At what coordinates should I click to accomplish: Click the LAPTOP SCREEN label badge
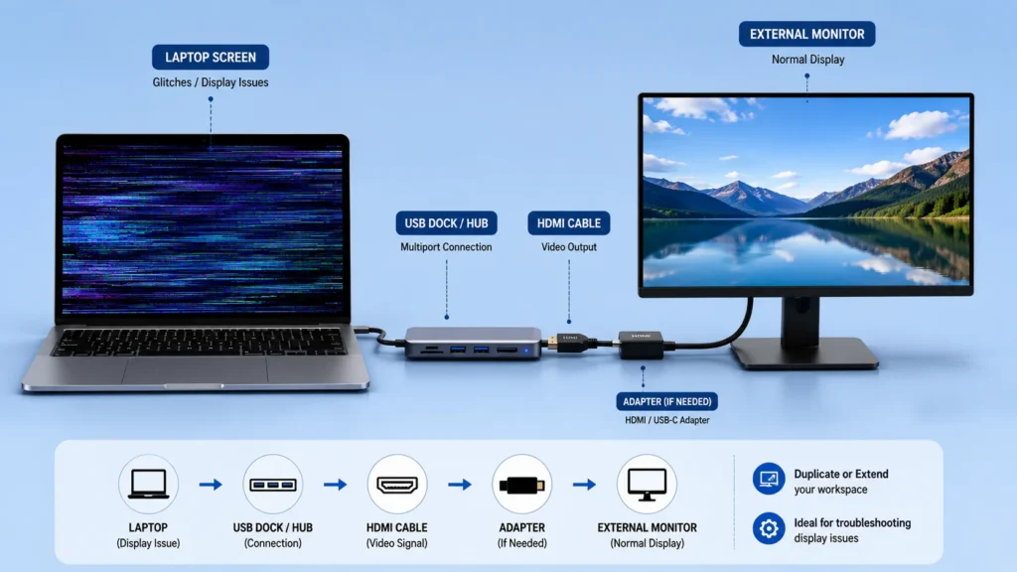[x=211, y=57]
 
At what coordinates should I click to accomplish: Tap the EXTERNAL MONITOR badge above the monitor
[x=806, y=35]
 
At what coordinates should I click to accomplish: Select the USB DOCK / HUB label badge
[x=446, y=223]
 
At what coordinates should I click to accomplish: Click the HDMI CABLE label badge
[x=569, y=223]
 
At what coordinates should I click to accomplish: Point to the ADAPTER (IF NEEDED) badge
[x=666, y=401]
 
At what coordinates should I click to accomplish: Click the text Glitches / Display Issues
[x=211, y=82]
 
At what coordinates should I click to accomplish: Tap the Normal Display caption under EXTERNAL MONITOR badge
[x=807, y=59]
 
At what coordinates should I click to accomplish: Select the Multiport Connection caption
[x=446, y=247]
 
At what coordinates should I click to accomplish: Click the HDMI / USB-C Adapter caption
[x=666, y=420]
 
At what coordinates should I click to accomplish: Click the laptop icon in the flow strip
[x=148, y=484]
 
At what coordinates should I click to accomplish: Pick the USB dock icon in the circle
[x=272, y=485]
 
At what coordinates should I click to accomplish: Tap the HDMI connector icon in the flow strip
[x=397, y=485]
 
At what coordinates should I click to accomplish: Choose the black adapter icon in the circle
[x=521, y=485]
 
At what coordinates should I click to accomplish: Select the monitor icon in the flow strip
[x=647, y=485]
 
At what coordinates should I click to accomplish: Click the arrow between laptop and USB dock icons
[x=211, y=485]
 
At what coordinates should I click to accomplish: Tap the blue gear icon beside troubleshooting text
[x=769, y=528]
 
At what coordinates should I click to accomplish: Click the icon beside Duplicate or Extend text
[x=769, y=480]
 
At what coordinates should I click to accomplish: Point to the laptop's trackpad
[x=195, y=368]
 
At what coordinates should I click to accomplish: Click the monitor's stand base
[x=804, y=353]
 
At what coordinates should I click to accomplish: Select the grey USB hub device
[x=473, y=343]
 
